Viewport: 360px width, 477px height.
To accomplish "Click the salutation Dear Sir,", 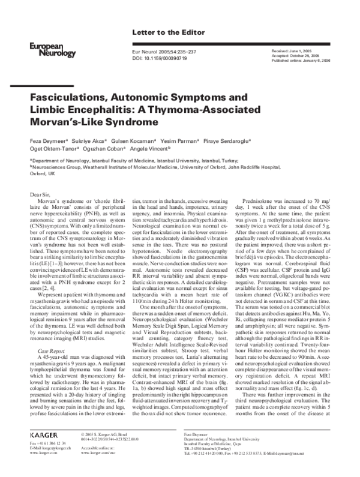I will point(44,196).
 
